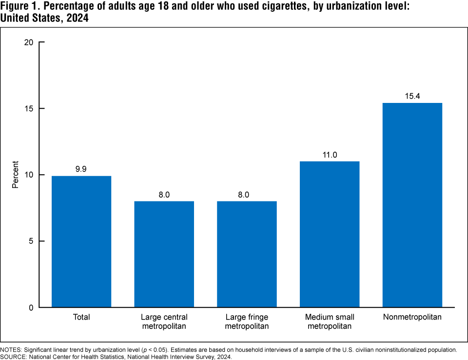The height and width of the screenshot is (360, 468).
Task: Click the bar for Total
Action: point(81,241)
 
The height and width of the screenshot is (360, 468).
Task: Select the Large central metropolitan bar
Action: point(164,254)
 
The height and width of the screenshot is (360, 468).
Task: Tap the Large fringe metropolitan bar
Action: point(247,254)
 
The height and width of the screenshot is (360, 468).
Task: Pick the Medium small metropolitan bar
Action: point(330,234)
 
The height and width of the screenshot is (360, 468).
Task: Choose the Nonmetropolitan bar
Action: point(412,205)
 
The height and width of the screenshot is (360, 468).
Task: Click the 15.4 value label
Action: point(412,96)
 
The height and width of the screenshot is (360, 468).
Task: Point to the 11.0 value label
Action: point(330,155)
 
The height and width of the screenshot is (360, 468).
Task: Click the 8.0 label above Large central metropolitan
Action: point(164,195)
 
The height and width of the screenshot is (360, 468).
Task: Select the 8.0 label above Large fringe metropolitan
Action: point(247,195)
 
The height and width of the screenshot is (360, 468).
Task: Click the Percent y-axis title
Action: point(16,175)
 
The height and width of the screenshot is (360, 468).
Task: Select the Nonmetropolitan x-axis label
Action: point(412,317)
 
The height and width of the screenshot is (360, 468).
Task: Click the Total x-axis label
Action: point(81,317)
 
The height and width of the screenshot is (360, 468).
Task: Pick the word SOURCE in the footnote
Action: point(13,357)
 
